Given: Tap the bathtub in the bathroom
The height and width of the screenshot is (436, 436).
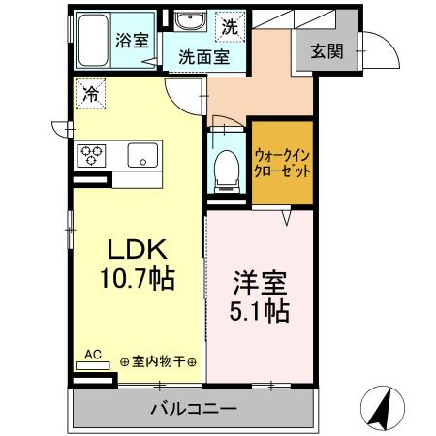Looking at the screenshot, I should point(95,40).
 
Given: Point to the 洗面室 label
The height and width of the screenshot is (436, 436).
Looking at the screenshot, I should point(203,57).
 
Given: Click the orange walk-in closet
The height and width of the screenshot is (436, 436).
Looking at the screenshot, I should point(283,161).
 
